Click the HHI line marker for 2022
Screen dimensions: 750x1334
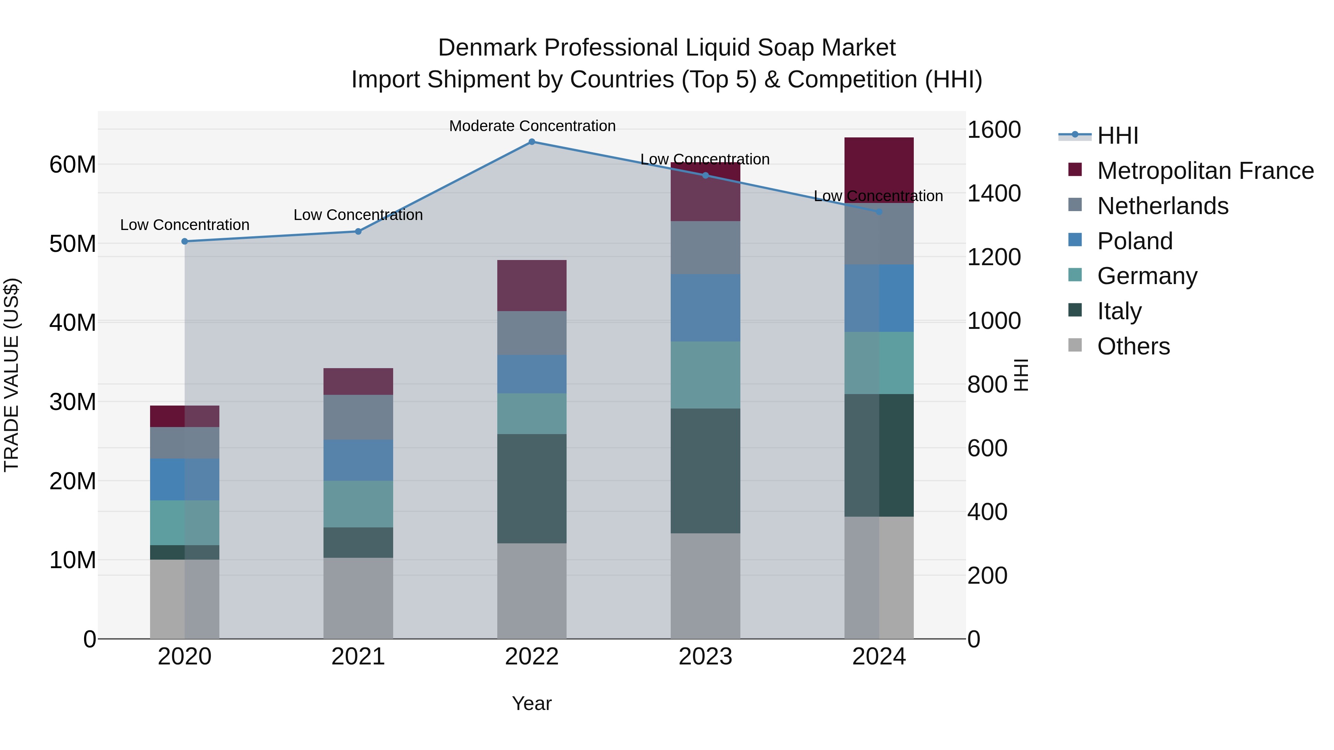(x=531, y=141)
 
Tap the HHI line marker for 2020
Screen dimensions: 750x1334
(x=185, y=241)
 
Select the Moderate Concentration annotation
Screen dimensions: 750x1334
(x=532, y=126)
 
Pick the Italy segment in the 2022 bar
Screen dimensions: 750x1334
(x=531, y=488)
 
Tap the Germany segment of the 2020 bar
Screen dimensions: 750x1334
(x=185, y=522)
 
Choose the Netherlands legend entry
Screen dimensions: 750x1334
(x=1162, y=206)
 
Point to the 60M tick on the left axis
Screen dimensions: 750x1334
(x=73, y=164)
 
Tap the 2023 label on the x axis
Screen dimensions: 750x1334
(x=705, y=657)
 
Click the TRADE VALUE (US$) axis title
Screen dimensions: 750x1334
(x=12, y=375)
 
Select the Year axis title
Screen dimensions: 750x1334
(x=531, y=703)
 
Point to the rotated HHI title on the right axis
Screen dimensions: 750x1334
(x=1021, y=375)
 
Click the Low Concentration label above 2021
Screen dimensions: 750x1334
(x=358, y=215)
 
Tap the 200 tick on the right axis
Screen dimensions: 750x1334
(x=987, y=576)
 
